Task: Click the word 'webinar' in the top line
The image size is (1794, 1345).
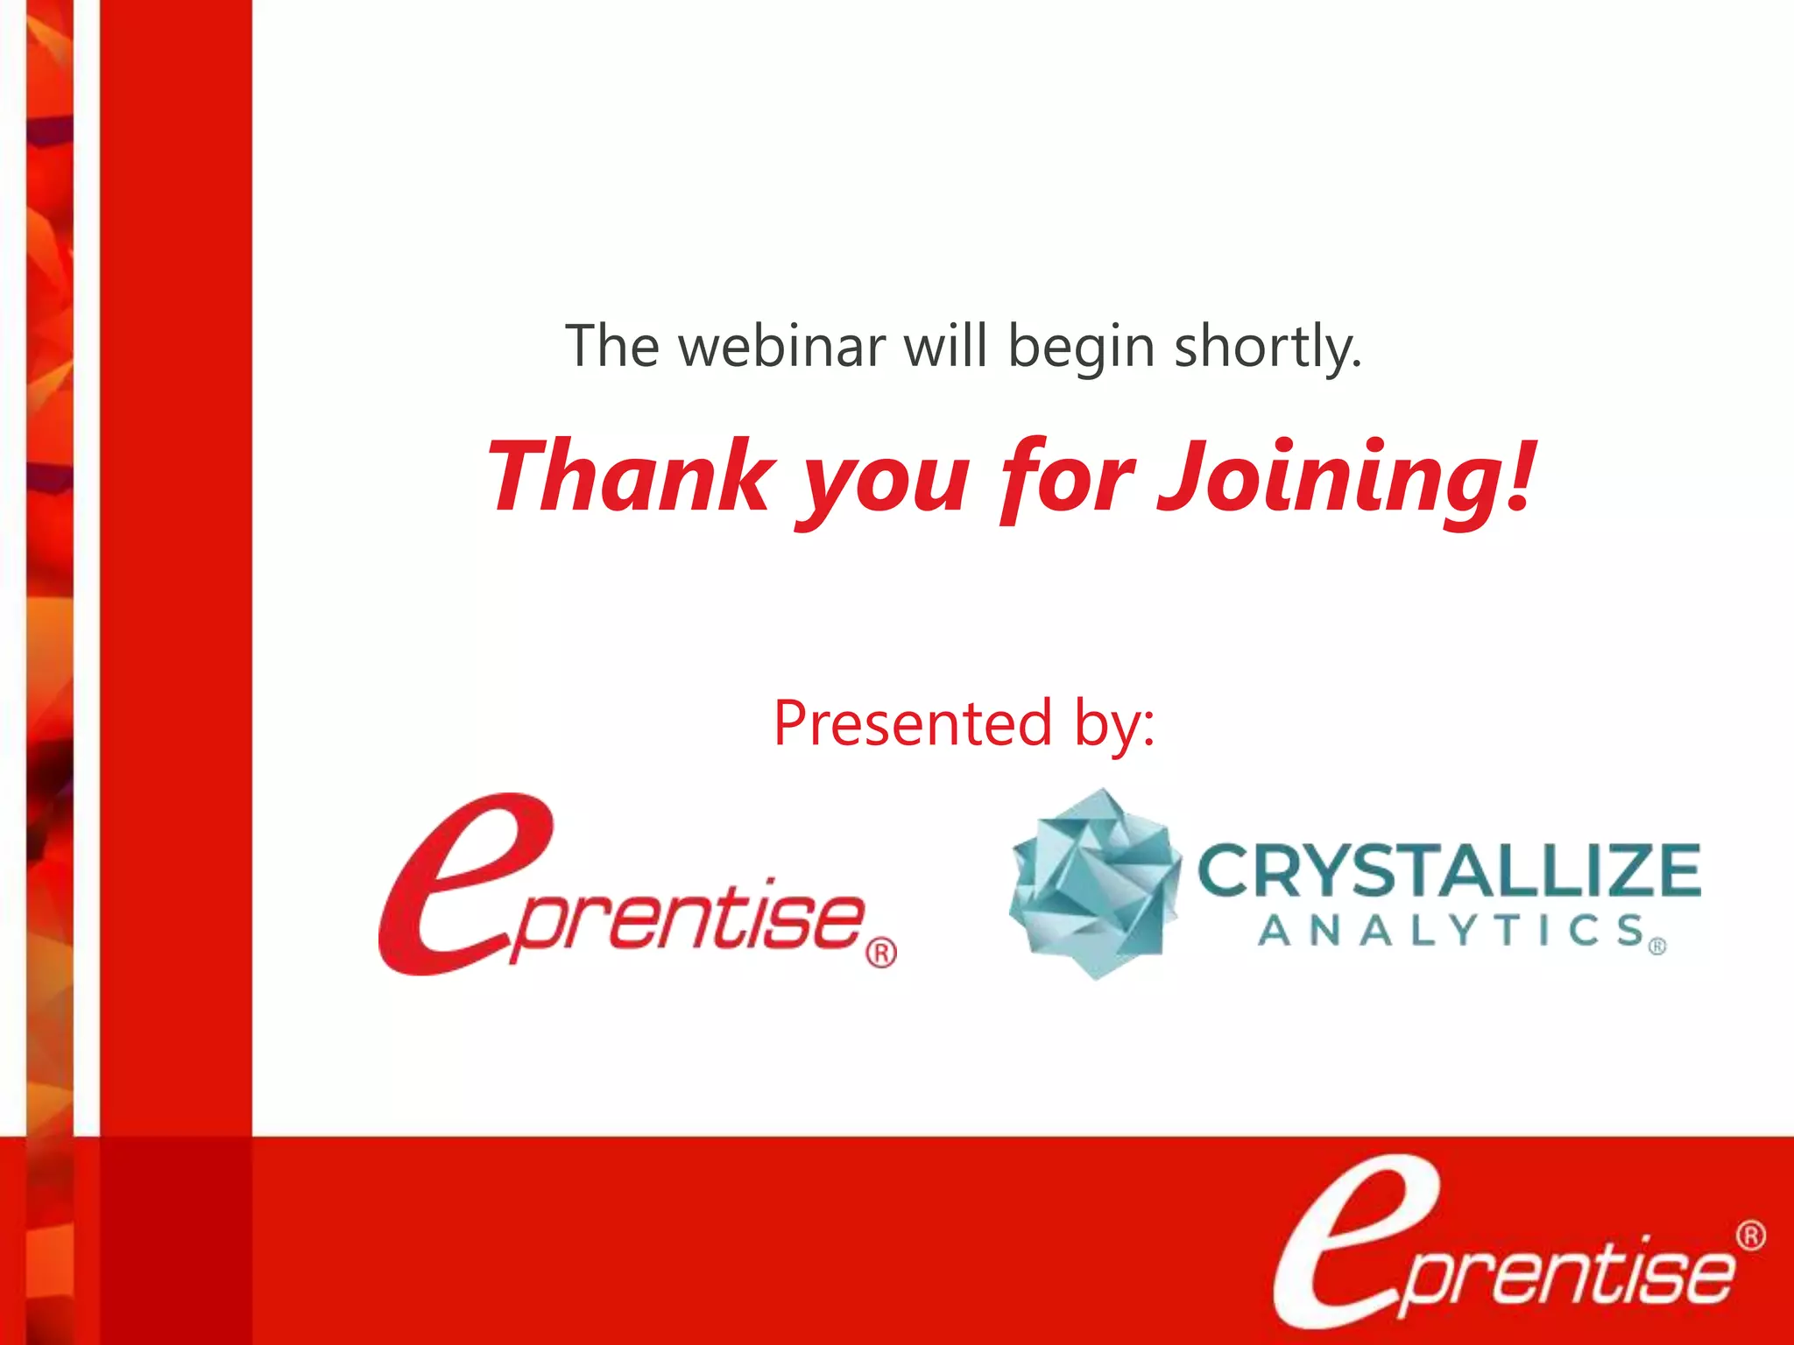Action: (x=782, y=347)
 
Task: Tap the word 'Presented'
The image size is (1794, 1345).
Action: (x=912, y=724)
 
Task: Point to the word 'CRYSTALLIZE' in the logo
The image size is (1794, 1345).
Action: (x=1448, y=870)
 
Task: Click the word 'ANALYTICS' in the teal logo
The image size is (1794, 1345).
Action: (x=1451, y=930)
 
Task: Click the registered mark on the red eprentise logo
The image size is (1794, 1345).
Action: (x=881, y=953)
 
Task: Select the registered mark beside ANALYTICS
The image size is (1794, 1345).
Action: (x=1657, y=947)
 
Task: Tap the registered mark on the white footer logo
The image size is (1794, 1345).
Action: (x=1750, y=1236)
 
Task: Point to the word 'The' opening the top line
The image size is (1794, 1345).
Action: (x=611, y=346)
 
